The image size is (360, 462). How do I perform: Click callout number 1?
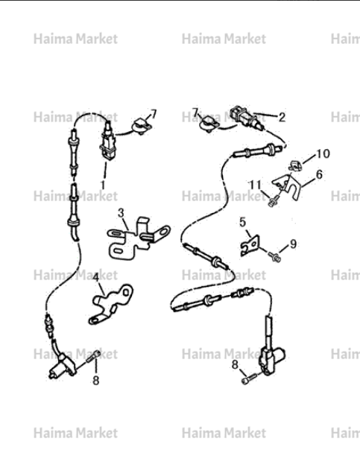tap(103, 185)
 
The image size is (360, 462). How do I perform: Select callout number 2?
tap(282, 117)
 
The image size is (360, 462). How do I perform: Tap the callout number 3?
tap(121, 213)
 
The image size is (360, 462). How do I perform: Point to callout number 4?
tap(96, 277)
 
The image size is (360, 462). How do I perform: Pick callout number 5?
tap(242, 222)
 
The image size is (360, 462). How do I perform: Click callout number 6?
tap(319, 174)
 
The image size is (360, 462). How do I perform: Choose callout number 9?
tap(293, 244)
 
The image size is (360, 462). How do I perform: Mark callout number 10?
tap(323, 154)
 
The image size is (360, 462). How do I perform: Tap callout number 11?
tap(256, 185)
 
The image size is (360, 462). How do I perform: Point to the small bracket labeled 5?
tap(250, 245)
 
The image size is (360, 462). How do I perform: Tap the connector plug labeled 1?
tap(108, 143)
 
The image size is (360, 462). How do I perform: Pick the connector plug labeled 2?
tap(247, 118)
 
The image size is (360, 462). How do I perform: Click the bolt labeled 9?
tap(274, 257)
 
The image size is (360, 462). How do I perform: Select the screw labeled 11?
tap(273, 201)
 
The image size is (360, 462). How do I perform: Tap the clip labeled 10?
tap(295, 165)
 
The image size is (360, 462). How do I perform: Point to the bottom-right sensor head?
tap(271, 358)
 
